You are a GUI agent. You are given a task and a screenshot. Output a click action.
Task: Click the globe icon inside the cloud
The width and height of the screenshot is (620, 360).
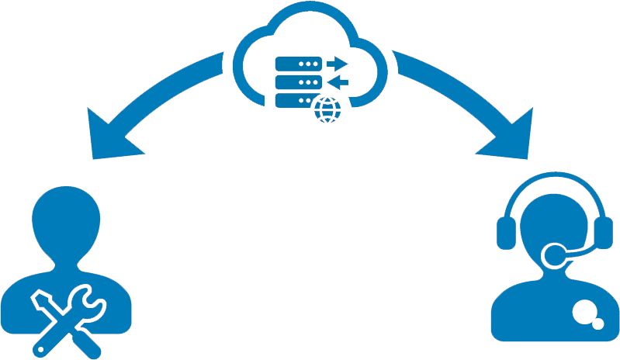(x=327, y=109)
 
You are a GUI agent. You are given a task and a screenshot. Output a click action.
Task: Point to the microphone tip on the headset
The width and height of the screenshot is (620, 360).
(x=556, y=254)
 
